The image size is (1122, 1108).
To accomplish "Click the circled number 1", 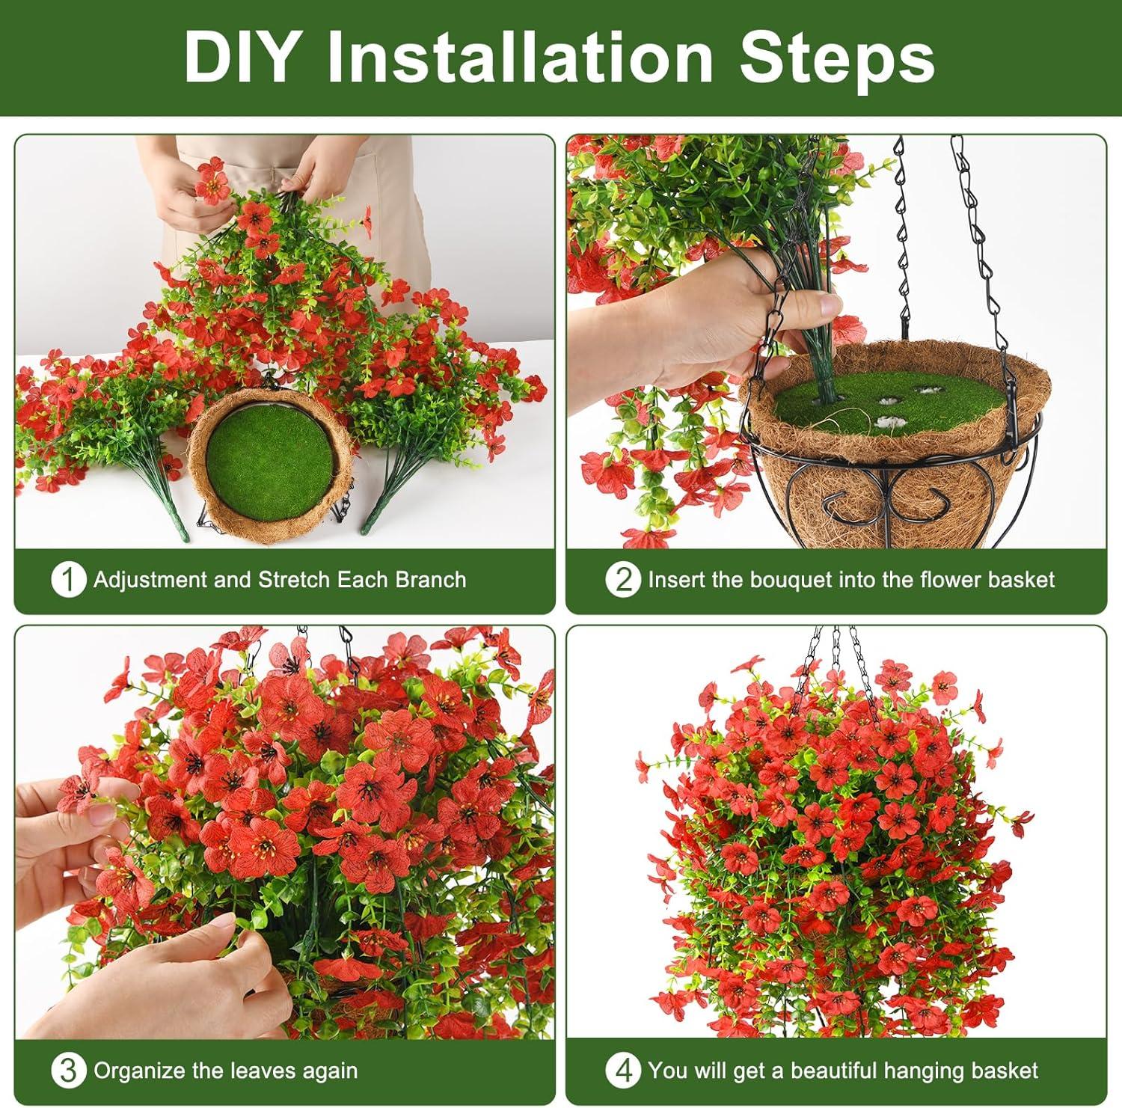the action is coord(68,580).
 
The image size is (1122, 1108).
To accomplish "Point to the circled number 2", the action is coord(625,580).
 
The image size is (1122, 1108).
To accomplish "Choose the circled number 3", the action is coord(68,1071).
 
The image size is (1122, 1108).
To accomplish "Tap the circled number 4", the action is coord(625,1071).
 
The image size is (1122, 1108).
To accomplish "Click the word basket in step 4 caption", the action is coord(1003,1071).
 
